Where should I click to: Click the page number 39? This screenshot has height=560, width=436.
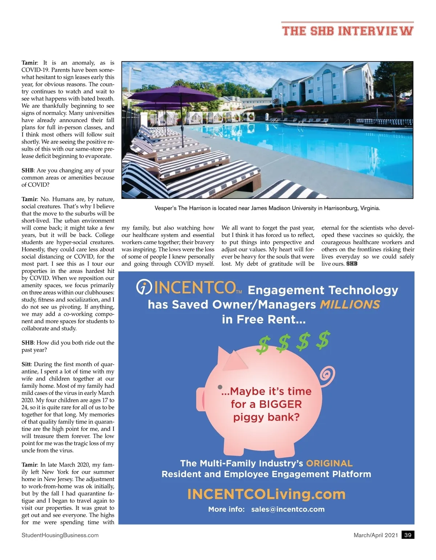pos(408,535)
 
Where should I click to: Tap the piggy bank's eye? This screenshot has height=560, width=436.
pos(220,387)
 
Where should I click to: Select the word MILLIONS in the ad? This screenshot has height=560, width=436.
pos(350,305)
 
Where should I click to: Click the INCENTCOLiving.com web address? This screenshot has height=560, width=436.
pos(266,494)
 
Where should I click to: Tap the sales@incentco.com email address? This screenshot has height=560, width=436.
pos(288,509)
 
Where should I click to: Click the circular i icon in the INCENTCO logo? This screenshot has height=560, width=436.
pos(144,287)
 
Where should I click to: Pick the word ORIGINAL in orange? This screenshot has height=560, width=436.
pos(329,463)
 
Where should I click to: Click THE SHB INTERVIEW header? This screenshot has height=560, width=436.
pos(348,31)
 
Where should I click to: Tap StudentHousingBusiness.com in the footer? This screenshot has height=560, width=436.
pos(60,535)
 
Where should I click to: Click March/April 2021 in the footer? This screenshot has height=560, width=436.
pos(376,535)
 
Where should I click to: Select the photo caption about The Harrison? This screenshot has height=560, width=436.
pos(267,208)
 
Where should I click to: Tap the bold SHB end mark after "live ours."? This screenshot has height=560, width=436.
pos(352,264)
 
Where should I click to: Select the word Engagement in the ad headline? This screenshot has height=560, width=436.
pos(286,290)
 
